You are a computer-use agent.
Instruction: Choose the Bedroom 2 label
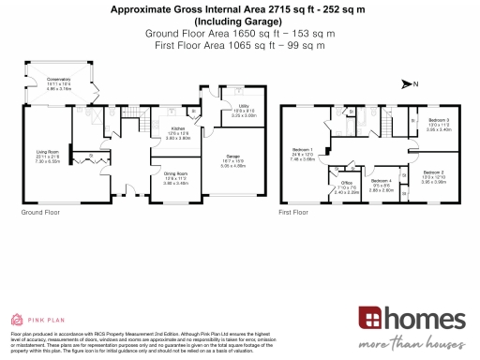pyautogui.click(x=433, y=173)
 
